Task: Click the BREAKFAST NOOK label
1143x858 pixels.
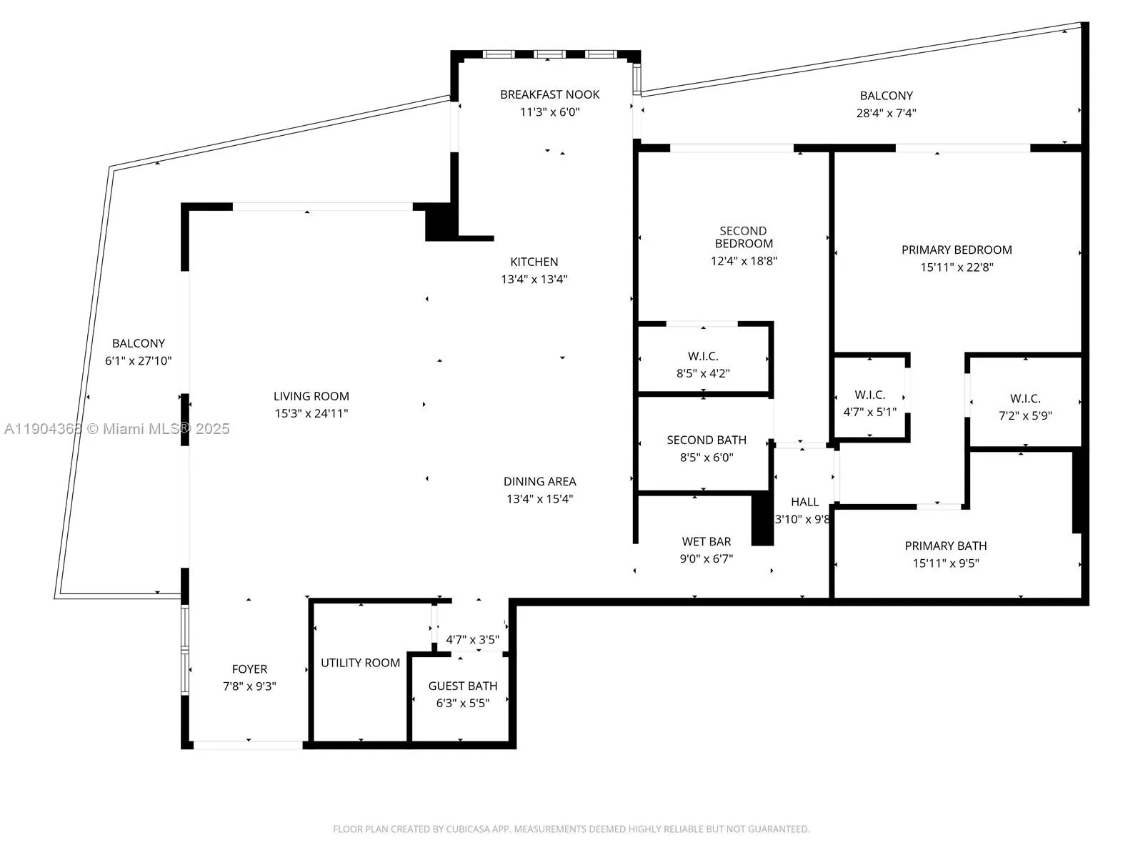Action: click(x=549, y=94)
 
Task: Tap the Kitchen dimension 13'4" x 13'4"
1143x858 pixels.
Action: click(x=534, y=280)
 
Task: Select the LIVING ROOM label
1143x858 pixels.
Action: click(x=311, y=396)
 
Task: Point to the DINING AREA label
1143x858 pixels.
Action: click(x=539, y=482)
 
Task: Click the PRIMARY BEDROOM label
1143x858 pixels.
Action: click(x=956, y=250)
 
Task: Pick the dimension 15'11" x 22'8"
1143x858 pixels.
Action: click(x=956, y=267)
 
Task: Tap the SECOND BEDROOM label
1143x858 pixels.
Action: click(x=743, y=237)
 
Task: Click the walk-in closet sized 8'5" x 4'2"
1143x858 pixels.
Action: click(x=703, y=364)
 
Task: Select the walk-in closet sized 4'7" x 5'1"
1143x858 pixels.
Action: click(x=869, y=403)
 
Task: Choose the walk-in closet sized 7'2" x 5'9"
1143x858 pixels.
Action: click(x=1024, y=406)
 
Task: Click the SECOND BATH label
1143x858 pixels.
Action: click(x=706, y=440)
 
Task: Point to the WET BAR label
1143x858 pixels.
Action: click(x=706, y=542)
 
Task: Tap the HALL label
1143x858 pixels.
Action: click(x=804, y=502)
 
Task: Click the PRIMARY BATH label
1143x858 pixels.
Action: click(x=945, y=546)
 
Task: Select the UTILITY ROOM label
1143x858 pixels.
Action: click(x=360, y=663)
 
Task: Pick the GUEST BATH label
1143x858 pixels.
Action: click(x=462, y=686)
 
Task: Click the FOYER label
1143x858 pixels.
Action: click(x=249, y=669)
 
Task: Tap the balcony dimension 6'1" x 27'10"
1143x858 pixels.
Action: click(x=138, y=361)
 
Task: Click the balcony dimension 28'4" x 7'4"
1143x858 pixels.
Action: click(x=886, y=113)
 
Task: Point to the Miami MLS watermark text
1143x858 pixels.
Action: click(x=117, y=429)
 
